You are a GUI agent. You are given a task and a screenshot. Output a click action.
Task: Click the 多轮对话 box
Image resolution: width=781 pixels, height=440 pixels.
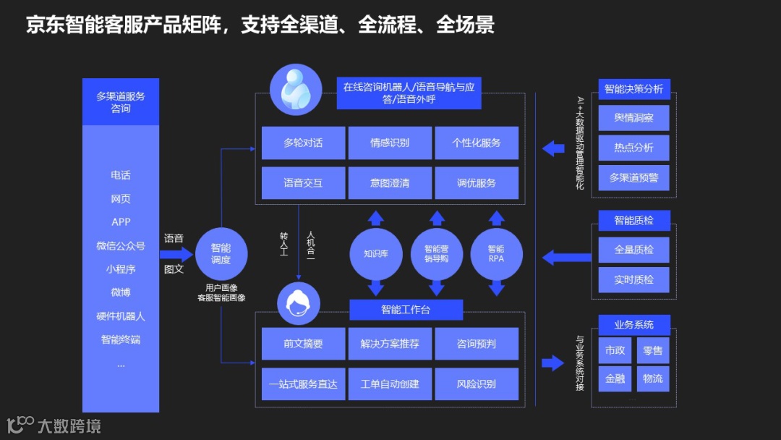tap(303, 143)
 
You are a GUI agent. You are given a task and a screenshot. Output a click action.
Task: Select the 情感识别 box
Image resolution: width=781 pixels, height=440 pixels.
tap(390, 143)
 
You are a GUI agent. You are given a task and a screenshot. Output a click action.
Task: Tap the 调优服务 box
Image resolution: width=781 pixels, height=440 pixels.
tap(477, 183)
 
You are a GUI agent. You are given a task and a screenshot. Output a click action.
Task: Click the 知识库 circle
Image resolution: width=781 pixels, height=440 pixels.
tap(376, 254)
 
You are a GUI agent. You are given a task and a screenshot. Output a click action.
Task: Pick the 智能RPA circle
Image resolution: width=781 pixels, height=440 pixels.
tap(496, 254)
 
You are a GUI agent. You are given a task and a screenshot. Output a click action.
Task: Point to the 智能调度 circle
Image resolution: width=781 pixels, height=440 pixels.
tap(221, 254)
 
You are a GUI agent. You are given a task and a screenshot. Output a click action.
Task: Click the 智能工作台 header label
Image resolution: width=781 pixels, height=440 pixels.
tap(406, 310)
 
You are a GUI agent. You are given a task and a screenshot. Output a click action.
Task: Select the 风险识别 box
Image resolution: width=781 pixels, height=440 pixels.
tap(477, 384)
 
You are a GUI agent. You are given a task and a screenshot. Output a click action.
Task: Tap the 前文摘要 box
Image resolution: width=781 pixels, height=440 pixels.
tap(303, 344)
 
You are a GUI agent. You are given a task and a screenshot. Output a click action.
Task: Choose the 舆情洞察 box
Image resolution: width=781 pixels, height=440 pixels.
tap(633, 118)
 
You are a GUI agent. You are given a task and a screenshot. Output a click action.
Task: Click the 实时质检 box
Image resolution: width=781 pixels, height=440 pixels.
tap(633, 279)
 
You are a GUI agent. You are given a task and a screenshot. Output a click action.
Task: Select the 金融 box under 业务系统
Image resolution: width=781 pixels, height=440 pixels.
tap(615, 378)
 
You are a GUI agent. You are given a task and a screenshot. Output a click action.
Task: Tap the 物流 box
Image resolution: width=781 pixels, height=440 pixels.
tap(652, 378)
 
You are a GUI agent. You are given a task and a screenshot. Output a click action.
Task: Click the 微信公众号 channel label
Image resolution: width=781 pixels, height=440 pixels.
tap(121, 246)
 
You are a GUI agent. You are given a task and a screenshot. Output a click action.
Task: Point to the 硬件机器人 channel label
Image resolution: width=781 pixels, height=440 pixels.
tap(121, 316)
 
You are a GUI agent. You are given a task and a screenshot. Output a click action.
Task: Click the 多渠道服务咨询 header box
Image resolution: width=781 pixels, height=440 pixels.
tap(121, 102)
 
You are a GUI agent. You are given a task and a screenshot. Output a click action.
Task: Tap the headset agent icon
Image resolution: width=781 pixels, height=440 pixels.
tap(299, 302)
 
